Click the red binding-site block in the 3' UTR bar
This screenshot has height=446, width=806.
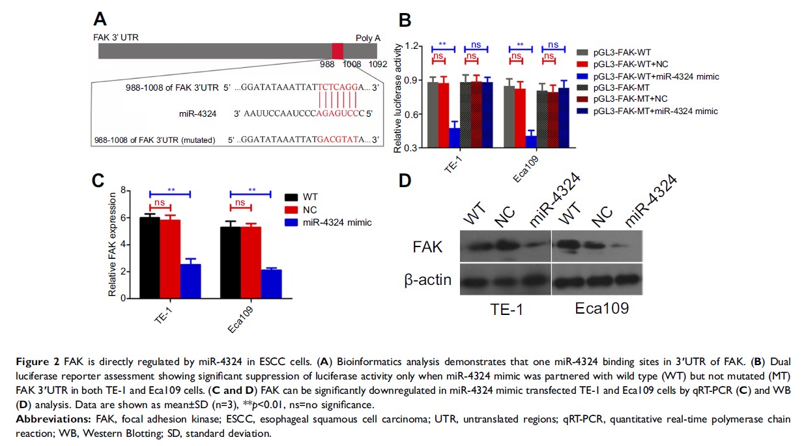(x=338, y=51)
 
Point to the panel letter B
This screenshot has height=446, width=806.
(x=405, y=21)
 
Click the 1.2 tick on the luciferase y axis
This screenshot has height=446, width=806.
(x=411, y=46)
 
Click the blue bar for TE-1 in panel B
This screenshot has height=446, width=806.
(x=454, y=138)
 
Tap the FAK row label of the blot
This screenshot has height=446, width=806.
(x=427, y=248)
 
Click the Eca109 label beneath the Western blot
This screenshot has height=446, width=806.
(x=601, y=308)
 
